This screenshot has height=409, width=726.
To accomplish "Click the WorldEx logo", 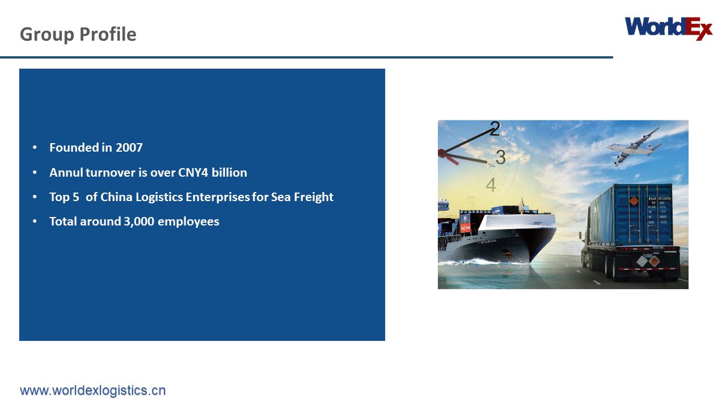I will pos(668,28).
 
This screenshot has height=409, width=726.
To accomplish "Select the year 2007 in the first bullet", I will pos(129,148).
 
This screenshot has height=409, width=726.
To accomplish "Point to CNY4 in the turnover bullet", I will pos(193,172).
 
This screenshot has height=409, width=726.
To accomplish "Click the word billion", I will pos(229,172).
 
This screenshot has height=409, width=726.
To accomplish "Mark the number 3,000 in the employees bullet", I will pos(139,221).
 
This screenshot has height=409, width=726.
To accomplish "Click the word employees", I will pos(188,221).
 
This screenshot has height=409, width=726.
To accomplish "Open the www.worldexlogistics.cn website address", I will pos(93,390).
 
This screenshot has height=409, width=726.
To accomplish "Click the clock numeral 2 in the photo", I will pos(495,130).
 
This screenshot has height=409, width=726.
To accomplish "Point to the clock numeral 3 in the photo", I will pos(500,157).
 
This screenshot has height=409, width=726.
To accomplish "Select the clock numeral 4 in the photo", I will pos(491,185).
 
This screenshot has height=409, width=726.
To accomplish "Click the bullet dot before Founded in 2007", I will pos(35,148).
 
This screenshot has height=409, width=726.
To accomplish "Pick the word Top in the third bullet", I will pos(59,197).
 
